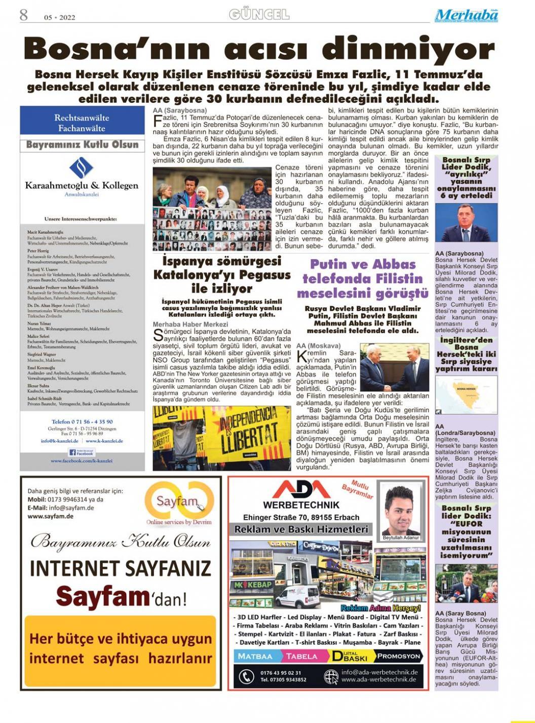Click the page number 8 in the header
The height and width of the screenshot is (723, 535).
pos(24,15)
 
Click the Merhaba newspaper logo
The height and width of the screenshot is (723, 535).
pos(466,16)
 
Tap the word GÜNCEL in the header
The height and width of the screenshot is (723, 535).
pos(259,14)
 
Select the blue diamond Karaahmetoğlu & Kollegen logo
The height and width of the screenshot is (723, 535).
pos(81,167)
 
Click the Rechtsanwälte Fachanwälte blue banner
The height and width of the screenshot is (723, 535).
pos(82,123)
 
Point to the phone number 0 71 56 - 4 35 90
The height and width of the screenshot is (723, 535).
pos(82,421)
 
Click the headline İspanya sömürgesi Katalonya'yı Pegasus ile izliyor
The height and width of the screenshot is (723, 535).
pos(222,275)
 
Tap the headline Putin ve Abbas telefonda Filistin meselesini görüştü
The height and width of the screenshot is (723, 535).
pos(362,278)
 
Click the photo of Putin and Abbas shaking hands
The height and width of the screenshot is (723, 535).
pos(395,367)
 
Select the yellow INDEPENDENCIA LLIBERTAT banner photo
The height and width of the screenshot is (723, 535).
pos(222,438)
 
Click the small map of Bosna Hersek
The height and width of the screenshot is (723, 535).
pos(466,395)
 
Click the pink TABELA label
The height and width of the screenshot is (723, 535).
pos(301,656)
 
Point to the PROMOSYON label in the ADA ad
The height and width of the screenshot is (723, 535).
pos(399,656)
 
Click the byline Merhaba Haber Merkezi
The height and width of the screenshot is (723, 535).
pos(190,324)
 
